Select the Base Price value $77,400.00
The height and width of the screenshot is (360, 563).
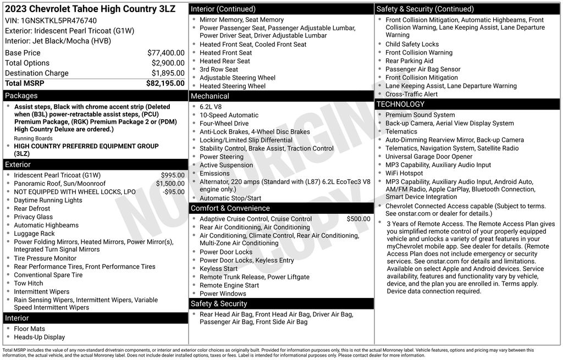pos(165,53)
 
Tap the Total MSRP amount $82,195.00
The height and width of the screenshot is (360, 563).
pos(165,83)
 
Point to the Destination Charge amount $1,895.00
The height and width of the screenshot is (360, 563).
pos(168,73)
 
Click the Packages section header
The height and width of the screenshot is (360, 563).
pos(21,96)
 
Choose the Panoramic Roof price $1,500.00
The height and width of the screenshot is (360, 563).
pos(170,184)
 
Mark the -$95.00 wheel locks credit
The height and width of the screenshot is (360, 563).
pos(174,192)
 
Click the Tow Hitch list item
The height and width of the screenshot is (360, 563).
pos(29,284)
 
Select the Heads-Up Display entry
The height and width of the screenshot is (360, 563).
pos(39,337)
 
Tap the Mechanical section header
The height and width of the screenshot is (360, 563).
pos(210,96)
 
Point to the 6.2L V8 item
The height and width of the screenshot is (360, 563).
pos(211,107)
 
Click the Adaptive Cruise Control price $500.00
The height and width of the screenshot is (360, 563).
pos(358,219)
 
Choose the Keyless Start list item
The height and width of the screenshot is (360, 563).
pos(219,269)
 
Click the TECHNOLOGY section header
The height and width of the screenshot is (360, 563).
pos(400,104)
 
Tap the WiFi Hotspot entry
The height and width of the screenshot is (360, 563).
pos(404,173)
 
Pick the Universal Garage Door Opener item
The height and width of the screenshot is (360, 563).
pos(429,157)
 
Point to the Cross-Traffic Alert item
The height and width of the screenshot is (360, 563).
pos(411,94)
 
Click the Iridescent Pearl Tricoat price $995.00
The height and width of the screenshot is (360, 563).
pos(173,175)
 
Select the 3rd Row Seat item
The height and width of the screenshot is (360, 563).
pos(219,69)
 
